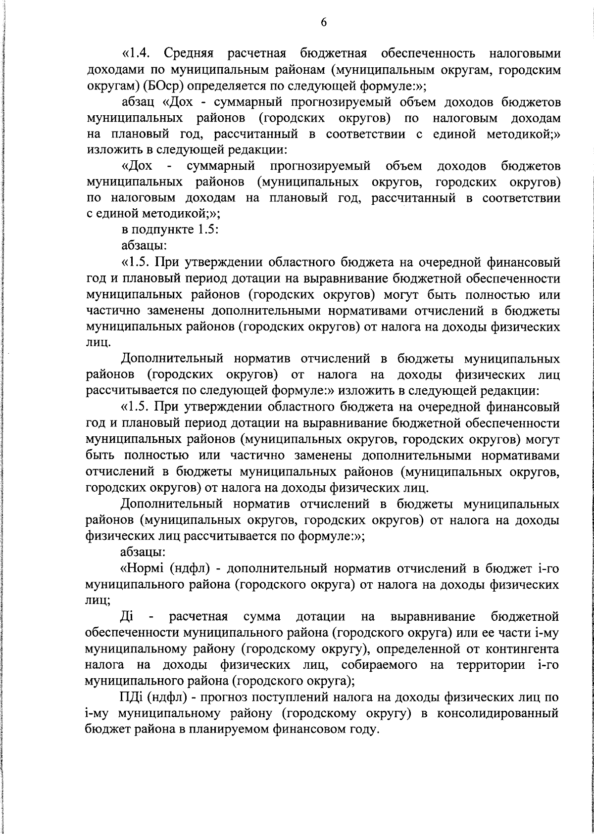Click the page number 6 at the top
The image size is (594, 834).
tap(323, 22)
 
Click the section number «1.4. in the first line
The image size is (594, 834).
tap(139, 53)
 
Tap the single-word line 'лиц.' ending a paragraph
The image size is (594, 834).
tap(97, 342)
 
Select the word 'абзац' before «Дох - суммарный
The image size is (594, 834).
tap(139, 102)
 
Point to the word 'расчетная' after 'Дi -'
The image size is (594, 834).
tap(198, 617)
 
